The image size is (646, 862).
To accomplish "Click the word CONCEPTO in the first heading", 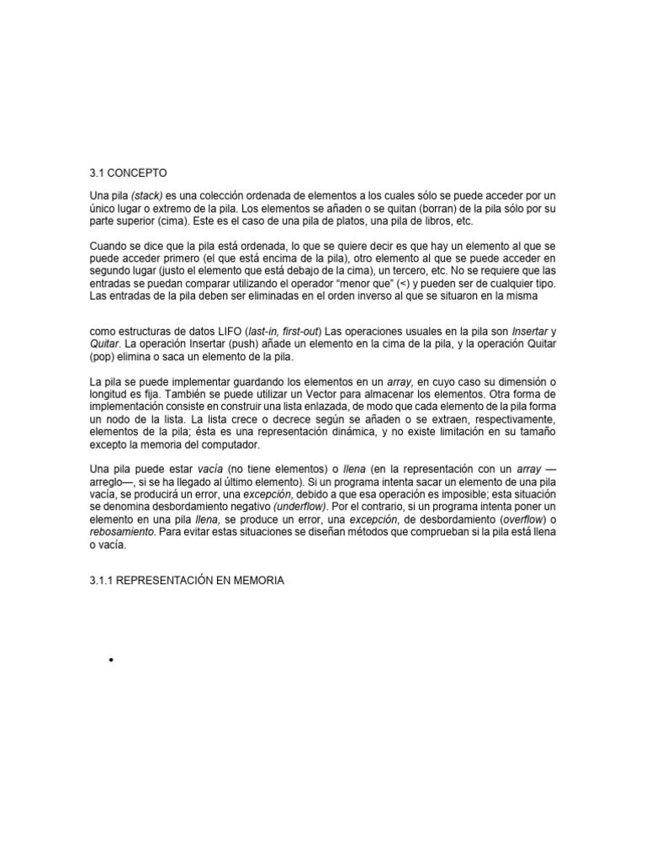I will [x=138, y=173].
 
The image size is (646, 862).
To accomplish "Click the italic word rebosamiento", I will [x=120, y=533].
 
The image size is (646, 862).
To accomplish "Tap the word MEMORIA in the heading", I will [x=259, y=581].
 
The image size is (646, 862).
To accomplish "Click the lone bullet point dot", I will [x=110, y=661].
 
